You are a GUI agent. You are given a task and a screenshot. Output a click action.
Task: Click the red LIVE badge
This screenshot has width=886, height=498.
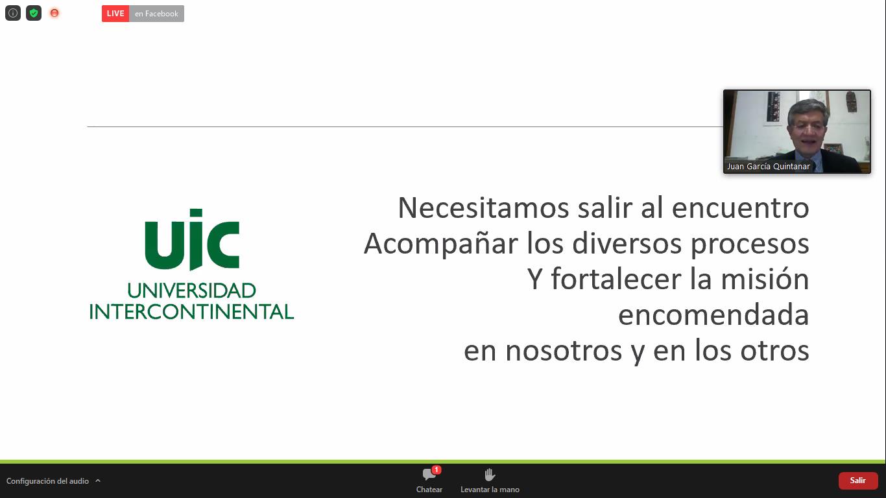pos(115,14)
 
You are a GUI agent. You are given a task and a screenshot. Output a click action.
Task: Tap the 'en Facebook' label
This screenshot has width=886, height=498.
pos(156,14)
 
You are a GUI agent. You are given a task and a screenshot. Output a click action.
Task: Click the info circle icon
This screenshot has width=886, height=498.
pos(13,13)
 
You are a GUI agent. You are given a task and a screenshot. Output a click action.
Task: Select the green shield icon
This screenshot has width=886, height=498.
pos(34,13)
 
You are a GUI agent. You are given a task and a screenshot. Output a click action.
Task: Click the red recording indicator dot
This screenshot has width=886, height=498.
pos(54,13)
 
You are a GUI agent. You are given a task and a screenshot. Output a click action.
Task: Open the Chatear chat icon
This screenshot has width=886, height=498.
pos(428,474)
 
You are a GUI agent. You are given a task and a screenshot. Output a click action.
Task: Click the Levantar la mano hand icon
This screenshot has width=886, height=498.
pos(490,474)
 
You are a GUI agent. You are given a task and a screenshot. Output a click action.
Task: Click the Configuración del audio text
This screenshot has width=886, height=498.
pos(47,481)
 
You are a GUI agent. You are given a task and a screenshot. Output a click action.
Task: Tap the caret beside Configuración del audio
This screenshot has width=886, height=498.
pos(98,480)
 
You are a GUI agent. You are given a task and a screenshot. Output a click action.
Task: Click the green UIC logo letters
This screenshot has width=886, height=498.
pos(192,239)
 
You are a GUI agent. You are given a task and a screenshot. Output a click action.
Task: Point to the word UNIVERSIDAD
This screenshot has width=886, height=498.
pos(192,290)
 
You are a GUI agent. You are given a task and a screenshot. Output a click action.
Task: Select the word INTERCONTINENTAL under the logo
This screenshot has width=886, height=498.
pos(192,312)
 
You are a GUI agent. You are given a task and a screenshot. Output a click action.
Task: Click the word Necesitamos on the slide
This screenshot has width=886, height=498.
pos(483,208)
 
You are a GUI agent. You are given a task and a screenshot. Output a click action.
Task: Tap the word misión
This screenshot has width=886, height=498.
pos(765,279)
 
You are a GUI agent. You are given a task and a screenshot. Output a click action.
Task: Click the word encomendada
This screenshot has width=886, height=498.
pos(713,315)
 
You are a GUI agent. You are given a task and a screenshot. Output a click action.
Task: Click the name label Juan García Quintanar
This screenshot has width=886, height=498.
pos(768,167)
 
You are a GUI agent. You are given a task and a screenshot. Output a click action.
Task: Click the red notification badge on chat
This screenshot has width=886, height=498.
pos(437,469)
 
